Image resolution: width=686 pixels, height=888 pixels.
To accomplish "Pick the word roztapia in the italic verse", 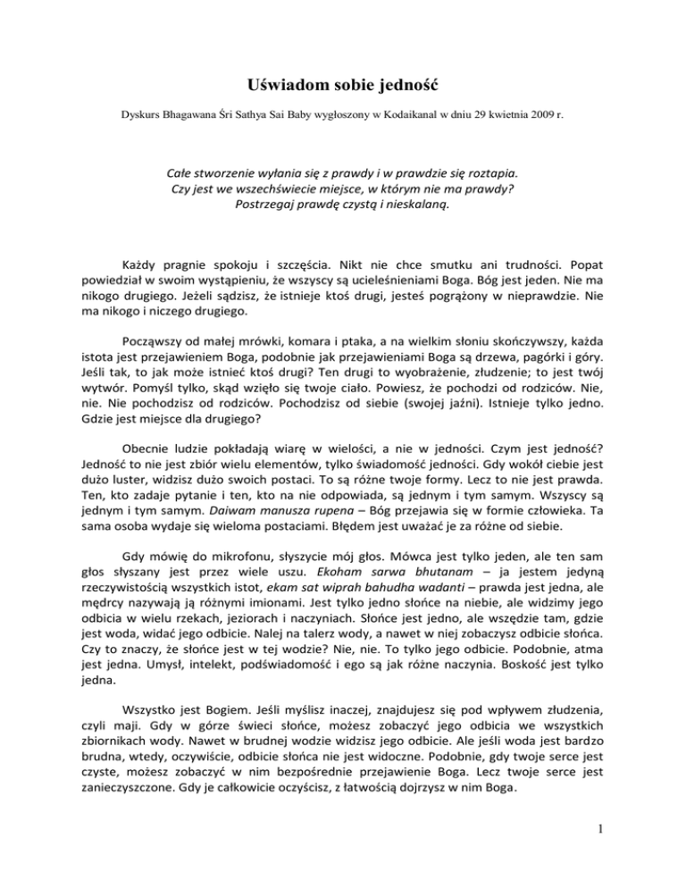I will (x=498, y=172).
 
